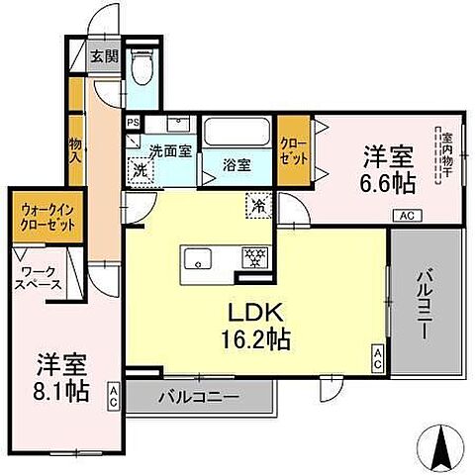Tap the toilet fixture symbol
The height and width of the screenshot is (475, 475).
142,68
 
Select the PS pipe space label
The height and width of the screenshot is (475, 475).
134,123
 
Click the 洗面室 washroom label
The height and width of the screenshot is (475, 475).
169,152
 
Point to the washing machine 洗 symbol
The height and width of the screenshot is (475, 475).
141,169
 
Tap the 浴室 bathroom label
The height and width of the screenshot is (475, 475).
237,163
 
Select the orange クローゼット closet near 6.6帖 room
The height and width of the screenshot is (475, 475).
293,150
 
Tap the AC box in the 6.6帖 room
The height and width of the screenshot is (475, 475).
406,216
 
